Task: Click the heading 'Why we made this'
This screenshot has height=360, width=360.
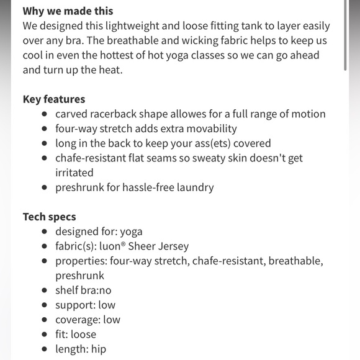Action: [x=68, y=11]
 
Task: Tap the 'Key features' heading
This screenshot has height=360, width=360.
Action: [x=54, y=99]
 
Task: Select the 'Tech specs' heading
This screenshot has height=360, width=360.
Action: [x=49, y=217]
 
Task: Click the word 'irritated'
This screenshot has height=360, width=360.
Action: [x=74, y=173]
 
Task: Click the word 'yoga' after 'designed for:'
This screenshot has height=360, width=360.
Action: [x=132, y=232]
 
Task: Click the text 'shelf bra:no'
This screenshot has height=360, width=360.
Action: [x=83, y=290]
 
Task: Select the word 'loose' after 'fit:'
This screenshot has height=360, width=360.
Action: [x=84, y=335]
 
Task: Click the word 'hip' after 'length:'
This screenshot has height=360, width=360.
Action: [x=98, y=349]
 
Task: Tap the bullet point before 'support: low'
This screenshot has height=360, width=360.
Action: [x=44, y=305]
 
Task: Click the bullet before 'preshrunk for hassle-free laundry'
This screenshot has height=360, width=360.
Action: [x=44, y=187]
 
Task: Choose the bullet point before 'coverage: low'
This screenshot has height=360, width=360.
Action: [x=44, y=320]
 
